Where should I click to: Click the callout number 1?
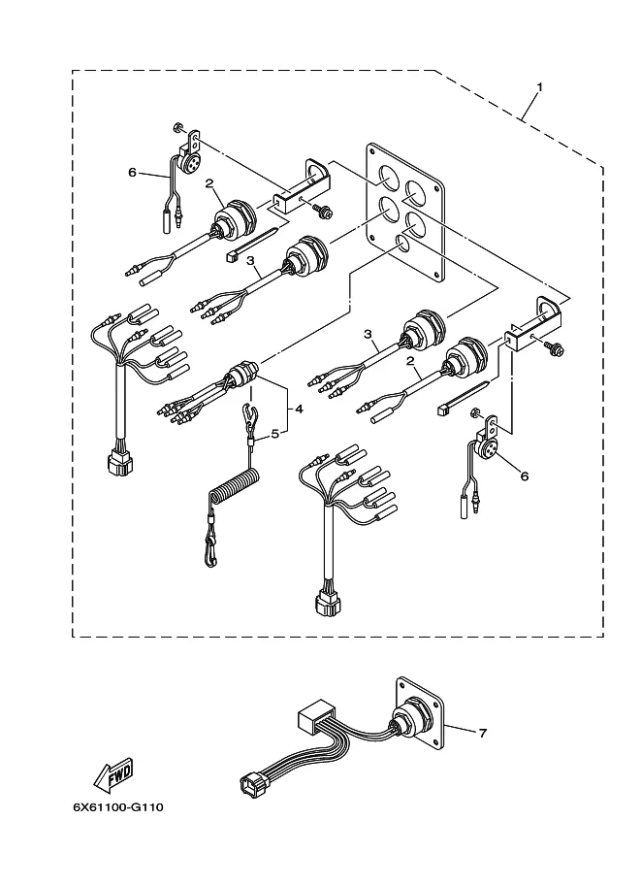click(540, 87)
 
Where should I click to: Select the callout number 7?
click(482, 733)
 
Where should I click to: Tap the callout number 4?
click(299, 408)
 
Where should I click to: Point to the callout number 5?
click(275, 434)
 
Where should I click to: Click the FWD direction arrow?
click(113, 773)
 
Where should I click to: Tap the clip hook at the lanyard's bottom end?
click(210, 551)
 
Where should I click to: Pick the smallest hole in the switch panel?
click(402, 243)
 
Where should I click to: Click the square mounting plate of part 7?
click(420, 715)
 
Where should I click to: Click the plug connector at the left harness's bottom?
click(120, 462)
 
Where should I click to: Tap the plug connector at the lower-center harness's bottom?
click(328, 607)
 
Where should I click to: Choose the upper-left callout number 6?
click(132, 172)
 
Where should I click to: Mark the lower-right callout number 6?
click(524, 476)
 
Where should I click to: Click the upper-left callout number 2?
click(208, 183)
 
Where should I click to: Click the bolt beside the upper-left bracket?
click(324, 211)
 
